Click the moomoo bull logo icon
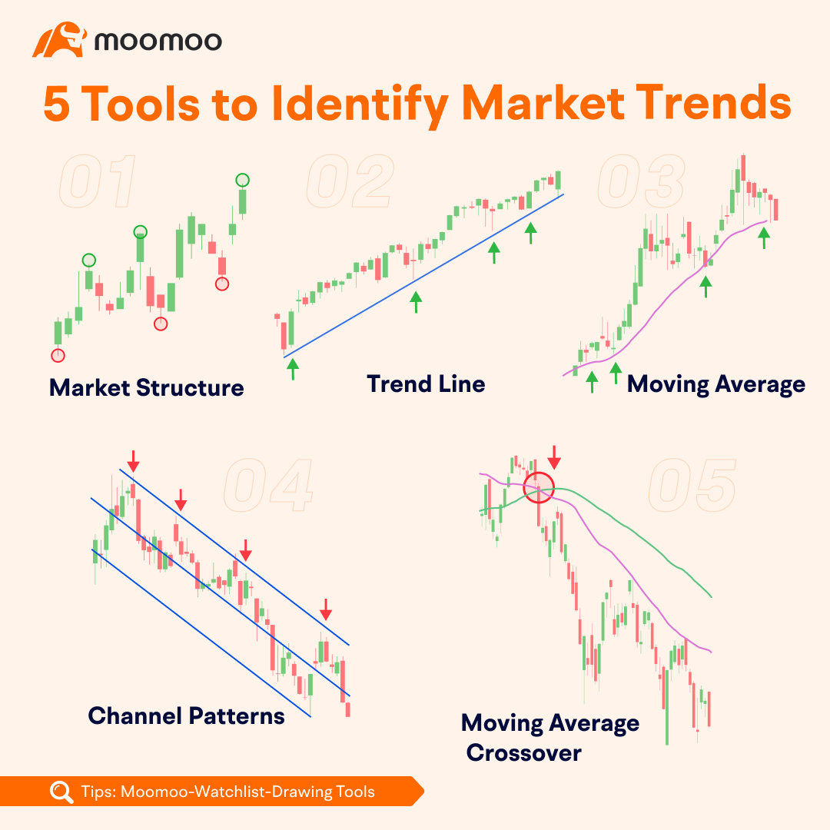pos(59,40)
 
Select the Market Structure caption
pos(147,387)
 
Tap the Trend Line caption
pos(426,383)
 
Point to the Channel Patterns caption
pos(186,715)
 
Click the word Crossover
pos(523,752)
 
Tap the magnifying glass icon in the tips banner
pos(61,792)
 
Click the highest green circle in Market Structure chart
pos(242,180)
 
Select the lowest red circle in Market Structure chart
pos(58,355)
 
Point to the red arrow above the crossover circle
pos(554,457)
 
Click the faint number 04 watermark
pos(268,486)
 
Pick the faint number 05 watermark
pos(692,486)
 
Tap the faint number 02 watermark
pos(350,181)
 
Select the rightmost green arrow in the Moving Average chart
pos(764,238)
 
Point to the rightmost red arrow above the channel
pos(326,609)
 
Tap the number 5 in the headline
pos(57,104)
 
